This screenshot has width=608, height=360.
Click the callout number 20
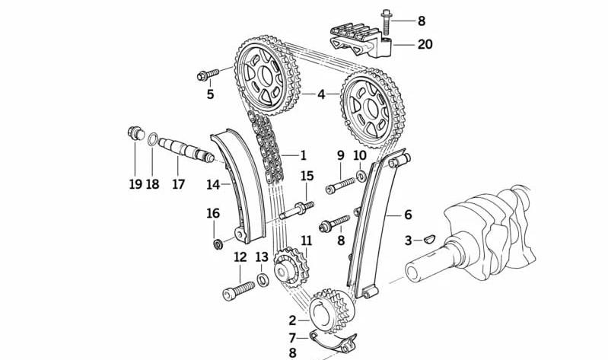425,45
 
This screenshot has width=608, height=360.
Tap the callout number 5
210,94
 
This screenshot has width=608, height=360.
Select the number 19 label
135,183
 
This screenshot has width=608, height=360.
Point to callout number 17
178,183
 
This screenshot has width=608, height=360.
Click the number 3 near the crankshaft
408,241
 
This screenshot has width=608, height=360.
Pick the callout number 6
407,215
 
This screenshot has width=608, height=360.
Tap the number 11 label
305,241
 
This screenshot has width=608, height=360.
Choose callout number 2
292,320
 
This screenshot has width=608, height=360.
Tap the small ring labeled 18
153,139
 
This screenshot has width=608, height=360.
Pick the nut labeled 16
216,244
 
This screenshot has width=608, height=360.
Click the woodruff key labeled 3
428,239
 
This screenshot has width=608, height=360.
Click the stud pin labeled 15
298,210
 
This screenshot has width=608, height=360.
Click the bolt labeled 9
339,185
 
